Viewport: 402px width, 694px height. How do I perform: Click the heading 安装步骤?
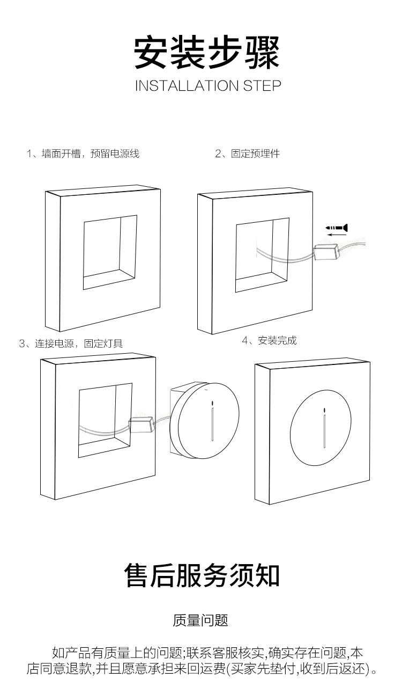(x=206, y=52)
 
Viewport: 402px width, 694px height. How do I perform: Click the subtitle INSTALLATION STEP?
(x=207, y=86)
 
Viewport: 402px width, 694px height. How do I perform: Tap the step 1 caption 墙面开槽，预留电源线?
(x=83, y=154)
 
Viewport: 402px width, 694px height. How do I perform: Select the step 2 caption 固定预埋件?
(x=247, y=154)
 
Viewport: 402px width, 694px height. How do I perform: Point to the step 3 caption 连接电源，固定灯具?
(x=71, y=344)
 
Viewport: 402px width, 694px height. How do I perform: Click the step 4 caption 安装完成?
(x=269, y=340)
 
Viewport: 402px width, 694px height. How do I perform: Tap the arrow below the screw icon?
(x=336, y=235)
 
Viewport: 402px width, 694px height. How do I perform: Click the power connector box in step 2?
(x=326, y=251)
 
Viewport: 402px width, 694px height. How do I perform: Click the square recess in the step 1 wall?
(x=110, y=252)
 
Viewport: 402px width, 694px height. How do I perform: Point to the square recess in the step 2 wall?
(x=262, y=255)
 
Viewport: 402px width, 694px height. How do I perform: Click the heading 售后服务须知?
(x=202, y=575)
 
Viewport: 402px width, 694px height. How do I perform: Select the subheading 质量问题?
(x=200, y=621)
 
